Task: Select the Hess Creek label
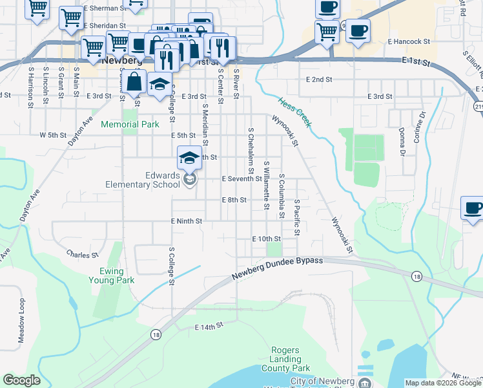coord(295,111)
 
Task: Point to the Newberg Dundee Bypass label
coord(276,268)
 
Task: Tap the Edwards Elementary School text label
coord(143,180)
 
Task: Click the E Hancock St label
coord(409,41)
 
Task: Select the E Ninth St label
coord(187,221)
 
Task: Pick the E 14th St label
coord(209,328)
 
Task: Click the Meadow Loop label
coord(21,321)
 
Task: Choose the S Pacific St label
coord(297,219)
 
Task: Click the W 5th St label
coord(53,135)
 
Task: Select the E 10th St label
coord(267,239)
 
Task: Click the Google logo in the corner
coord(21,380)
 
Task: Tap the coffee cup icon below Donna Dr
coord(473,209)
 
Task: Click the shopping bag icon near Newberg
coord(134,81)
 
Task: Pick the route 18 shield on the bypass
coord(416,276)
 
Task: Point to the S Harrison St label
coord(30,84)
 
